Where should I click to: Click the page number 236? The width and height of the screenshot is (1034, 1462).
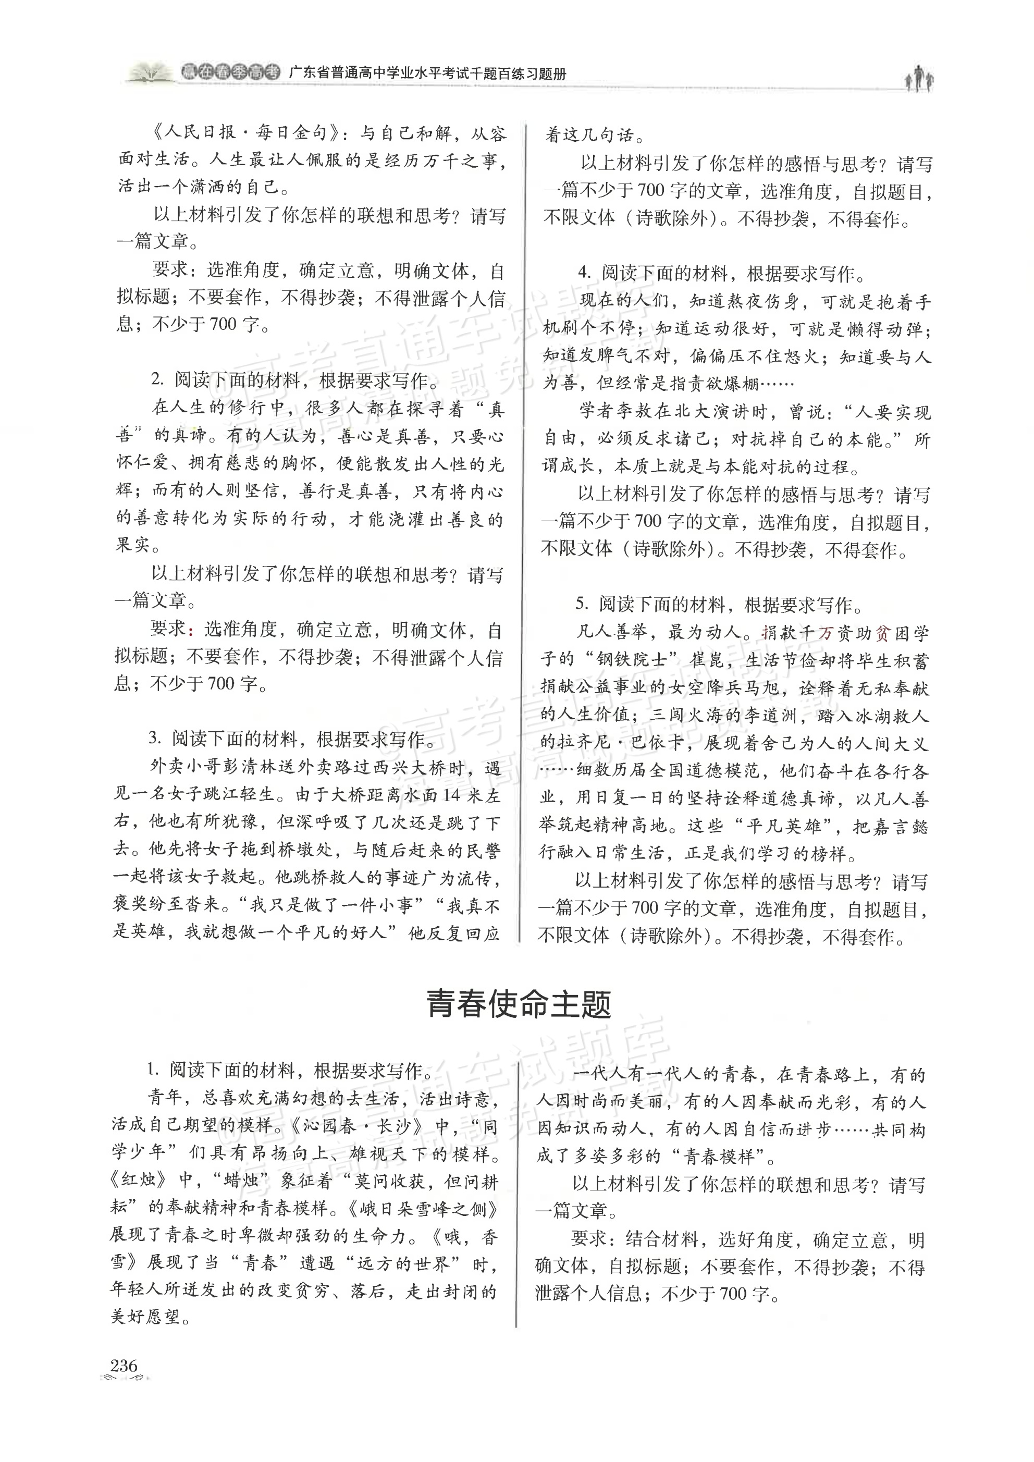point(124,1365)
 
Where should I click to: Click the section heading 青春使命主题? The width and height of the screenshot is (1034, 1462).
point(518,1005)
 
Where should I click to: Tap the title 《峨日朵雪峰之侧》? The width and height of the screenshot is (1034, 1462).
point(422,1209)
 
